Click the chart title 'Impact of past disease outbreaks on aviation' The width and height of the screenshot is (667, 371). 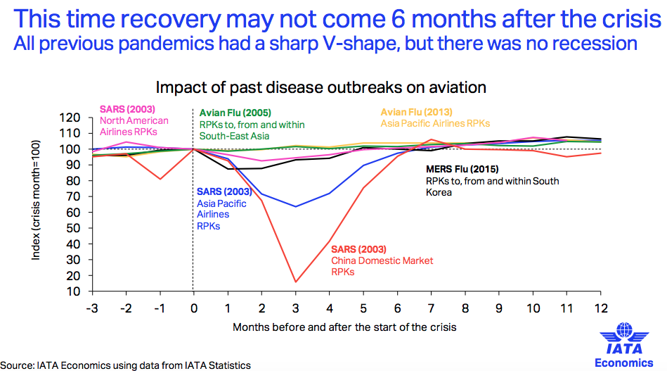[320, 87]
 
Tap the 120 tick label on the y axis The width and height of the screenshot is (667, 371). [70, 118]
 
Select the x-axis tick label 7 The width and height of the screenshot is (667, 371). [431, 308]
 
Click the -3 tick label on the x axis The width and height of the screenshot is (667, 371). [92, 308]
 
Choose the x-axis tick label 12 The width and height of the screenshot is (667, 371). [601, 308]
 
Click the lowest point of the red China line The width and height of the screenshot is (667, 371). [295, 282]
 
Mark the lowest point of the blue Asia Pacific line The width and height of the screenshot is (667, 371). [295, 206]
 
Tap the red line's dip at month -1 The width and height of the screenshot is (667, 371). [160, 179]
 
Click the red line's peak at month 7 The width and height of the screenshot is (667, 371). [432, 139]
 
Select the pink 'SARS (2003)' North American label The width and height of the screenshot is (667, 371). [127, 109]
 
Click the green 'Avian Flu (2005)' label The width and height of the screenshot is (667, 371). [235, 113]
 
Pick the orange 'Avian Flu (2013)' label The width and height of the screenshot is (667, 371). [417, 112]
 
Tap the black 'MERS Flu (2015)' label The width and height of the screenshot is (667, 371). [462, 169]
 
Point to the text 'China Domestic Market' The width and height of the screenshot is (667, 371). [382, 260]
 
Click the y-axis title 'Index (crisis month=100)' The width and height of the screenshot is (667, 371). [36, 200]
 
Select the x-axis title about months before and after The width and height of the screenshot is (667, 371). [344, 327]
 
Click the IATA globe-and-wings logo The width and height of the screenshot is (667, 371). [624, 338]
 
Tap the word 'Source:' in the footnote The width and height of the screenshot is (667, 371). [17, 365]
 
